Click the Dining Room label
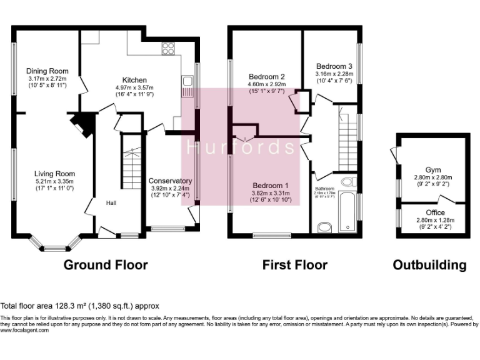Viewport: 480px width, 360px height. click(x=47, y=71)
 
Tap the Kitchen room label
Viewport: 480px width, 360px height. click(x=134, y=80)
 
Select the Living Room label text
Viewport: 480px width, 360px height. click(x=55, y=174)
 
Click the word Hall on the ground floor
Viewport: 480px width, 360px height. click(x=111, y=203)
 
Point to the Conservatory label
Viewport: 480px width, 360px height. click(x=170, y=181)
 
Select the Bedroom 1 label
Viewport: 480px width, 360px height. click(x=270, y=186)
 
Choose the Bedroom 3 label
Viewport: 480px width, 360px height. click(x=334, y=66)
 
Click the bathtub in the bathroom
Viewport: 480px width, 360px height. click(x=347, y=212)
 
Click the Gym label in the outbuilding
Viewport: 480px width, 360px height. click(x=433, y=170)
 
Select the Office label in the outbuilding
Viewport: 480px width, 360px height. click(x=433, y=212)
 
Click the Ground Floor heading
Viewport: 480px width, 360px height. click(x=106, y=265)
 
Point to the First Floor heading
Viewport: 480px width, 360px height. click(x=294, y=265)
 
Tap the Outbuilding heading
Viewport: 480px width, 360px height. click(x=429, y=265)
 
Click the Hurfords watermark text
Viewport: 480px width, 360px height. click(x=241, y=147)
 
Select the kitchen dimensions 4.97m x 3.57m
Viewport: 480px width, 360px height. click(x=134, y=87)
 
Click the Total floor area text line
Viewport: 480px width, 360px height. click(x=80, y=306)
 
